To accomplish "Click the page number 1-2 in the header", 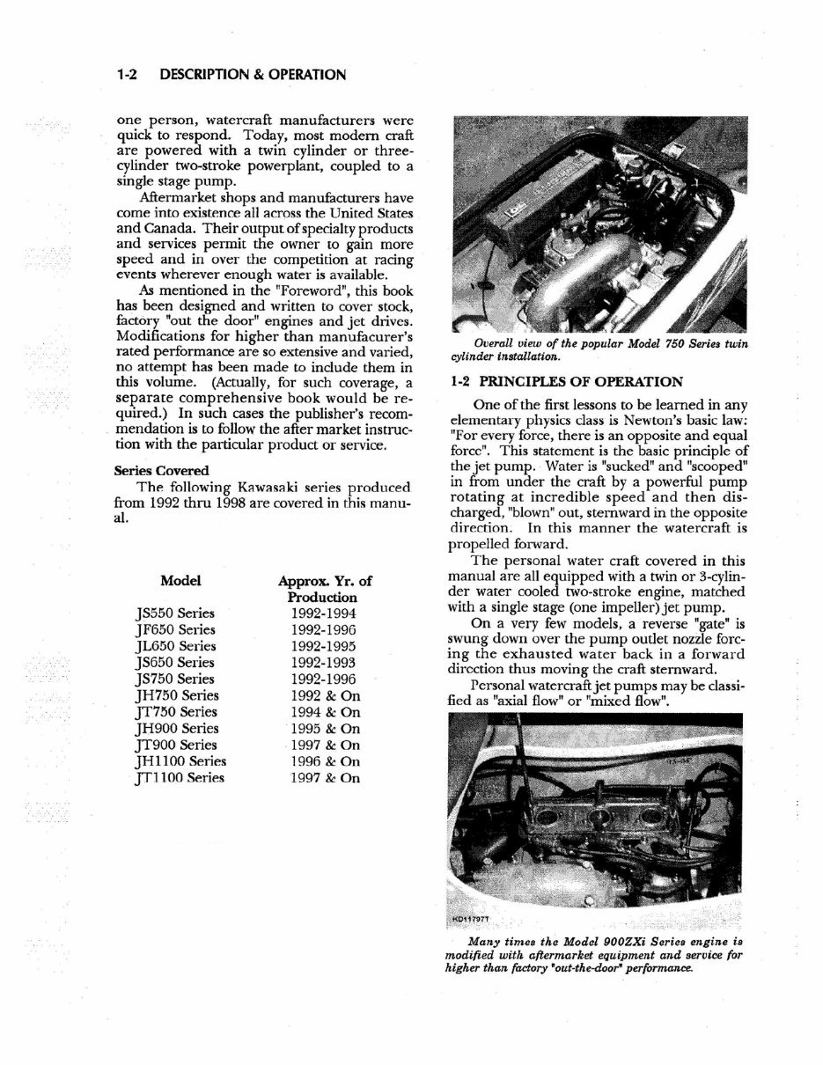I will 129,75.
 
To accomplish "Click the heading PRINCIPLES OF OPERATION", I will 577,382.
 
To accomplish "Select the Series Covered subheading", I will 162,471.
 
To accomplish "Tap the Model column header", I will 180,581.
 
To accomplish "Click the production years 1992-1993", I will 325,663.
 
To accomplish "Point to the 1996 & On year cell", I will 325,761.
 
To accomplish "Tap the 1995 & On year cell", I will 325,729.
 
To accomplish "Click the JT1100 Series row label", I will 176,778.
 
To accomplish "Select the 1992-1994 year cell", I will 325,613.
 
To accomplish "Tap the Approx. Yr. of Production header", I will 325,589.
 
